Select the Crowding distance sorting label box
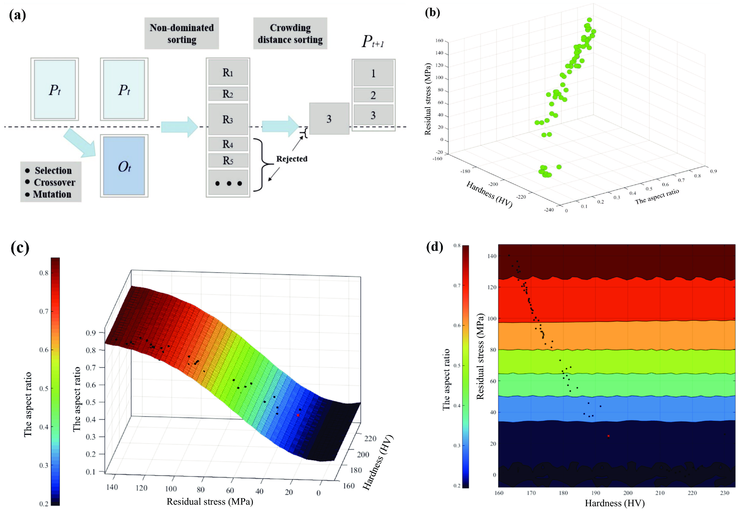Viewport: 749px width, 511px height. pos(290,34)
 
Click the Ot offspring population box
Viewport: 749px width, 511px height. pos(124,166)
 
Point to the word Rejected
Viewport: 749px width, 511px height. pos(292,159)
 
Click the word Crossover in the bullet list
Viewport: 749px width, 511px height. pos(55,183)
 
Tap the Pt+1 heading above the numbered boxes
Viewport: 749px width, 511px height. pos(373,42)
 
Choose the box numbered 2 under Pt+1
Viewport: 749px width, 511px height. pos(373,95)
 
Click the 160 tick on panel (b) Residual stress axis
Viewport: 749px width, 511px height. pos(439,41)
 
